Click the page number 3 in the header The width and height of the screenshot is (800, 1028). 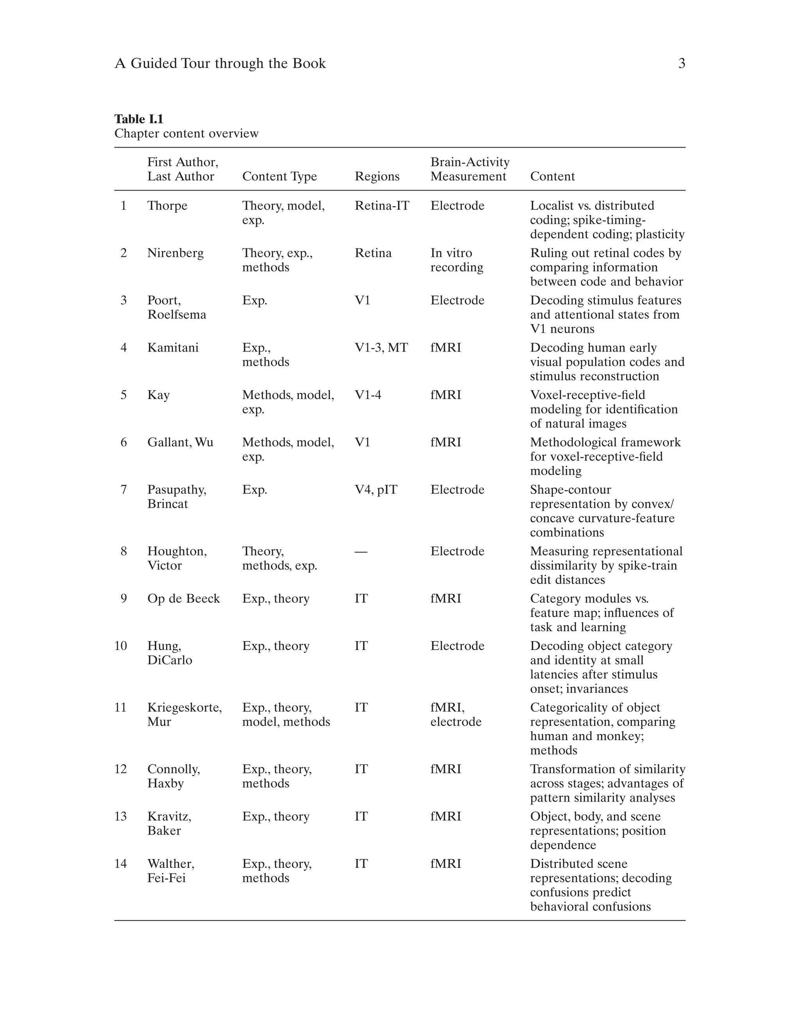pos(681,64)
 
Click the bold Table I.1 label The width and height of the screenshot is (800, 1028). pos(139,119)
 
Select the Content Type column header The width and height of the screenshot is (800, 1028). pos(279,176)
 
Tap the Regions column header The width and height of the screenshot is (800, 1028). pos(377,176)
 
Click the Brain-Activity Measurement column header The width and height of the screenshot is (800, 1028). pos(470,169)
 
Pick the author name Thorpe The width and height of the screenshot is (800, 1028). pos(167,206)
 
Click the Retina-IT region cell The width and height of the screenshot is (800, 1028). pos(382,206)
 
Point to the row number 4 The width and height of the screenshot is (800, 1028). pos(124,348)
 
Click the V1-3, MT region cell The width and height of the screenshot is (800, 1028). pos(381,348)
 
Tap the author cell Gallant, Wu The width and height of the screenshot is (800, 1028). pos(180,442)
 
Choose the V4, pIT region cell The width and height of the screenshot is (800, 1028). pos(376,490)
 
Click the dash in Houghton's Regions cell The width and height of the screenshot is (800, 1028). pos(361,551)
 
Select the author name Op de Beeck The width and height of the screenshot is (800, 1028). pos(183,599)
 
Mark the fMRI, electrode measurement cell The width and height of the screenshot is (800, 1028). pos(455,714)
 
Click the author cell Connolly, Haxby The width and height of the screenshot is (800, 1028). pos(173,776)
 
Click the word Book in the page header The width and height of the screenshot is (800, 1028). pos(309,64)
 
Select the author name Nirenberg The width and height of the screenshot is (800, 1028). pos(175,253)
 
